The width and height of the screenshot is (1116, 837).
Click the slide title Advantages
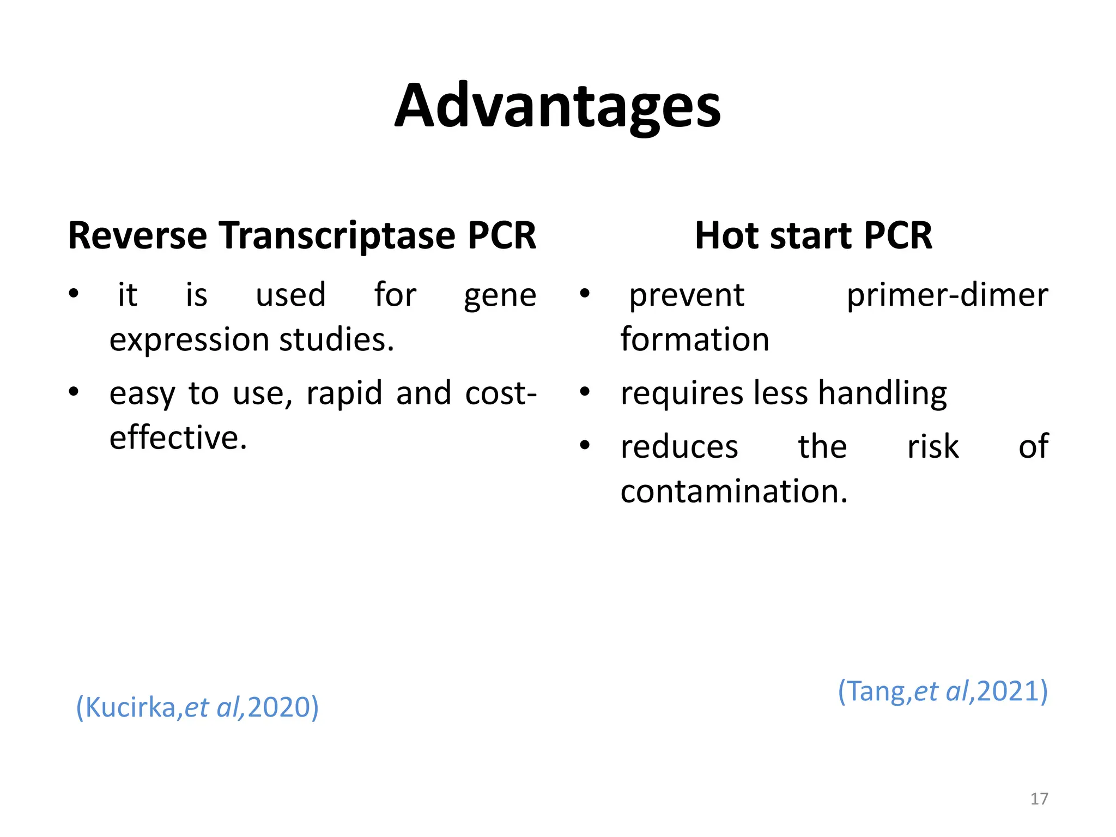click(x=557, y=106)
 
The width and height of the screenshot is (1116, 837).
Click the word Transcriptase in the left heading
click(x=337, y=235)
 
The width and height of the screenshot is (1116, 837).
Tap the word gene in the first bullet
click(x=500, y=296)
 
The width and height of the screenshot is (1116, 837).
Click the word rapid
click(x=344, y=393)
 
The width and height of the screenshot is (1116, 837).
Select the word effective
click(x=178, y=438)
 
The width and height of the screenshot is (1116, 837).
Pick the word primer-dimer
click(x=947, y=296)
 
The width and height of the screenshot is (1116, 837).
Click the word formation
click(x=695, y=339)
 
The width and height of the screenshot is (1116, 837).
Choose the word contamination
click(x=733, y=492)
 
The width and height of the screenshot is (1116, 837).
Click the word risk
click(x=932, y=447)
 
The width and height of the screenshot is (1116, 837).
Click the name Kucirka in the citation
click(x=131, y=707)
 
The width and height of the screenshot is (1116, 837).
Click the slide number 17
click(x=1039, y=799)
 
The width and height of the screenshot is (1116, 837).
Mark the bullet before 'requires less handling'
click(x=585, y=392)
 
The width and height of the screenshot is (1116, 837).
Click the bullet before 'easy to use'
click(x=74, y=392)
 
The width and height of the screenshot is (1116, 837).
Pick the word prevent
click(x=687, y=296)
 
